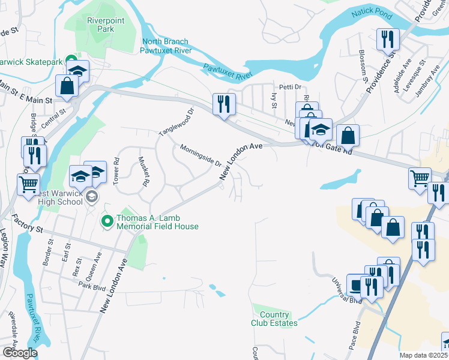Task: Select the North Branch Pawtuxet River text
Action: pos(165,46)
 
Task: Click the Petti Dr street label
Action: pos(288,87)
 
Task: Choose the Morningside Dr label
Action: pos(201,155)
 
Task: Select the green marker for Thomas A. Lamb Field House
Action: pos(107,222)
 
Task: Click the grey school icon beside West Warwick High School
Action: pos(91,197)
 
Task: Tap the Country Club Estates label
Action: pos(274,319)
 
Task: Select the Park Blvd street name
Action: pos(91,288)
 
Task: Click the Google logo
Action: pos(20,352)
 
